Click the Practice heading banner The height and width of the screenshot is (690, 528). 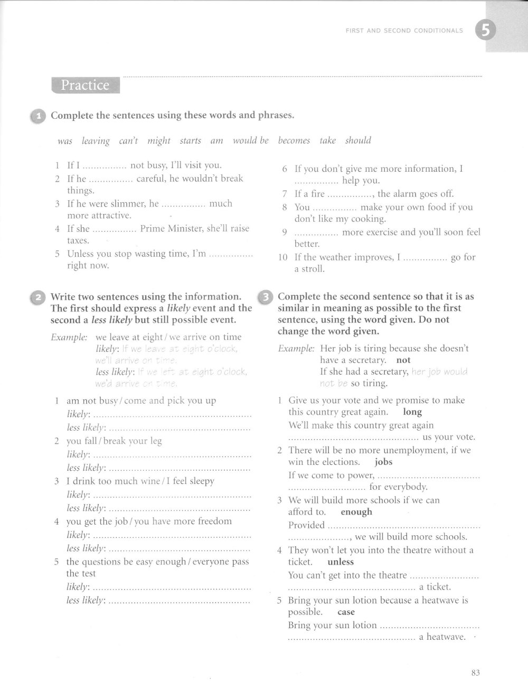click(86, 85)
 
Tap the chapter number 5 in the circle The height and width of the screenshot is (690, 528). click(485, 31)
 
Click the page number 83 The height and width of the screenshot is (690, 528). click(475, 673)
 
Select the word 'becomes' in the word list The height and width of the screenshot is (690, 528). click(294, 141)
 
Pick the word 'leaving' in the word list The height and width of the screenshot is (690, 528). click(96, 141)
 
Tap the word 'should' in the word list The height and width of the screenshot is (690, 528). click(358, 141)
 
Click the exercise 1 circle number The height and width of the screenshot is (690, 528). click(39, 116)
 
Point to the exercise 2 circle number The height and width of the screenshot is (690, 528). click(39, 297)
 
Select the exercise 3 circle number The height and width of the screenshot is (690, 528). click(266, 297)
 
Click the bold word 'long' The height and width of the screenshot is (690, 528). click(412, 412)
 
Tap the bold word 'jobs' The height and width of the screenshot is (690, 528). click(383, 462)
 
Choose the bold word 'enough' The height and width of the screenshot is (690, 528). click(356, 512)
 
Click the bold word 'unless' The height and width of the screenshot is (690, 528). click(341, 562)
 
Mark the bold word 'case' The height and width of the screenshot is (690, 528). click(346, 612)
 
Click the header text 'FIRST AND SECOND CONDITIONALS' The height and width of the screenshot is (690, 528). click(404, 31)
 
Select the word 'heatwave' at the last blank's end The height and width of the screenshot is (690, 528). click(442, 637)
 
